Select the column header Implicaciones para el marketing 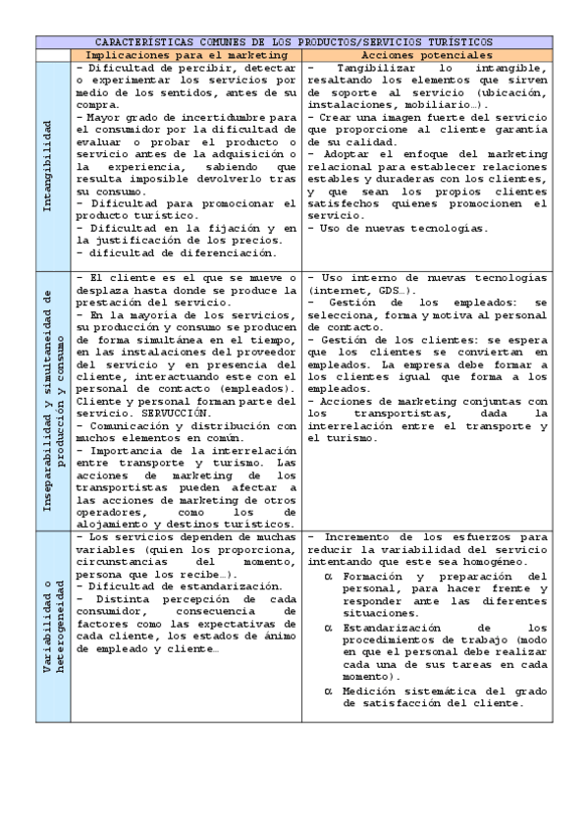(186, 56)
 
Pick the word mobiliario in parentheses (441, 104)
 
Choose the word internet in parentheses (338, 292)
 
